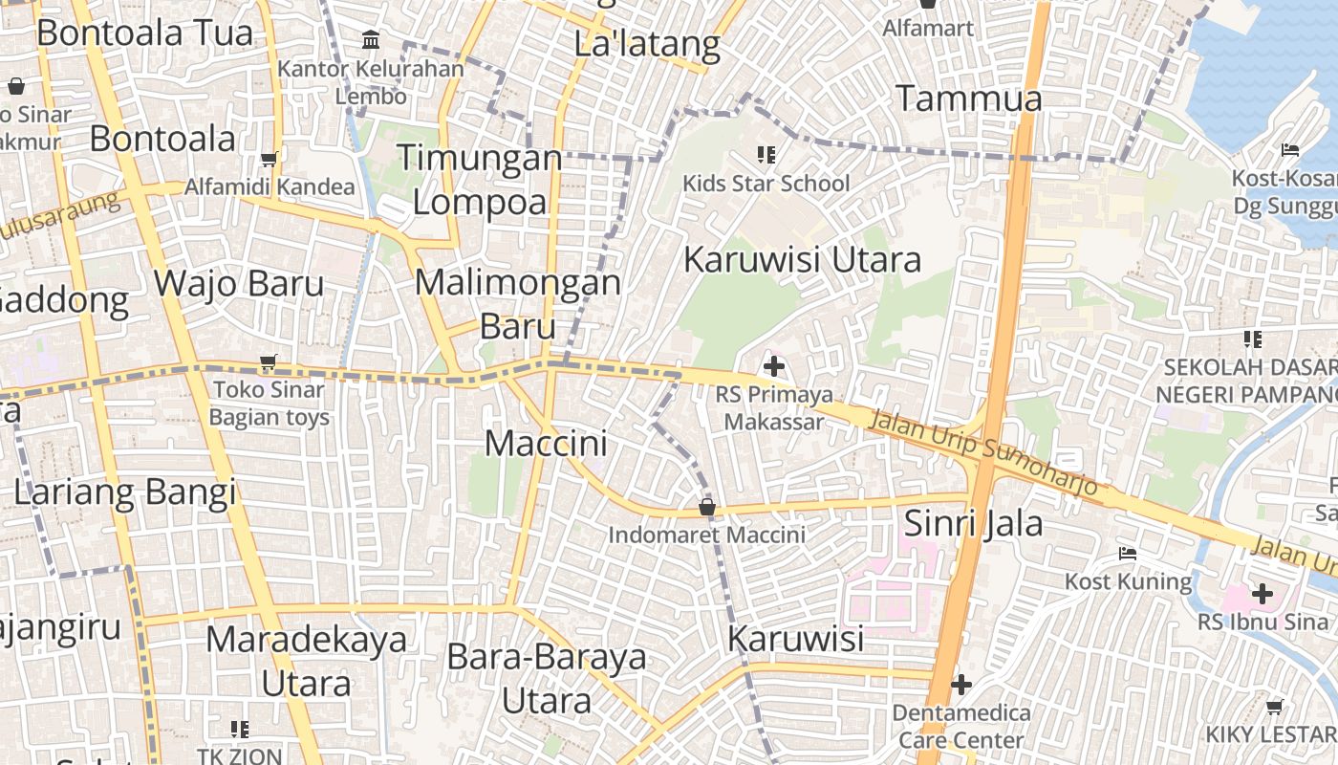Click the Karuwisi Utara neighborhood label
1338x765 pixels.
(803, 259)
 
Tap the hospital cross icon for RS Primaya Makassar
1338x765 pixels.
(774, 366)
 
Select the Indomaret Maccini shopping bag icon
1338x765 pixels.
(707, 506)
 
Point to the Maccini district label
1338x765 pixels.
(546, 444)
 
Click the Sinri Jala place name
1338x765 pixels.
(973, 523)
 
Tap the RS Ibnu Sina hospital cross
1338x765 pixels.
(1262, 594)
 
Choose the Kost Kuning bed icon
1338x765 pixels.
(1128, 554)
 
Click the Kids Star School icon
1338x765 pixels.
(766, 154)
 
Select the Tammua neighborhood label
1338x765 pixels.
(968, 98)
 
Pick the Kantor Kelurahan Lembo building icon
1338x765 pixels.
(371, 40)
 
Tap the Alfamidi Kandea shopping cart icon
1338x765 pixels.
(270, 160)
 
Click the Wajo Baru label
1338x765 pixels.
(239, 283)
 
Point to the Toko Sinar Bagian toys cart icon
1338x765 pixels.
(269, 362)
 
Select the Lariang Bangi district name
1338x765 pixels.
(124, 492)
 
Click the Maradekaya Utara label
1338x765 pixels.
(306, 660)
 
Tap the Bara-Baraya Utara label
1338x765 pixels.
(547, 679)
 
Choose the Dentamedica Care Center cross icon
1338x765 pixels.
(961, 685)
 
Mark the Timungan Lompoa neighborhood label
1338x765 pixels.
(480, 179)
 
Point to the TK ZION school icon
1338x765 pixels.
(240, 730)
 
